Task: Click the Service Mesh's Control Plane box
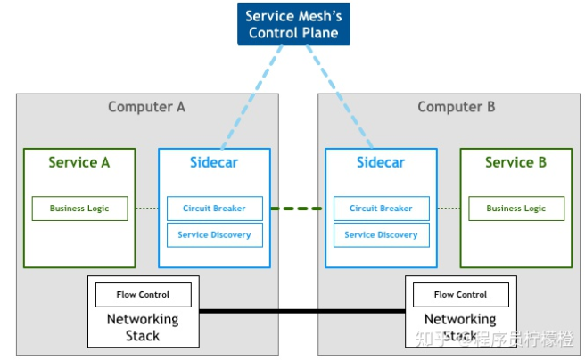click(x=293, y=24)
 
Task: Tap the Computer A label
click(x=146, y=107)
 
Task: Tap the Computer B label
click(x=456, y=107)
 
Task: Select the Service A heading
click(x=79, y=162)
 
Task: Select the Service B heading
click(x=515, y=162)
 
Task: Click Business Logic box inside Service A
click(x=79, y=209)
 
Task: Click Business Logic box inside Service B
click(x=515, y=209)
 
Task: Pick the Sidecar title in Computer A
click(x=214, y=162)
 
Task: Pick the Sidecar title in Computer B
click(x=381, y=162)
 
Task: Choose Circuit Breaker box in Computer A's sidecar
click(x=214, y=209)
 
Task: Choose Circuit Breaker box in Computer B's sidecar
click(x=381, y=209)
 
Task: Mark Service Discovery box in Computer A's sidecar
click(x=214, y=235)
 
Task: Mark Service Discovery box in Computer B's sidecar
click(x=381, y=235)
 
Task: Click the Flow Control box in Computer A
click(x=143, y=294)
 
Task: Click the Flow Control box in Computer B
click(x=460, y=294)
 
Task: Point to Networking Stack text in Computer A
click(x=143, y=327)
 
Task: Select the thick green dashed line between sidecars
click(x=297, y=209)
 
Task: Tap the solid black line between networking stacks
click(x=303, y=311)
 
